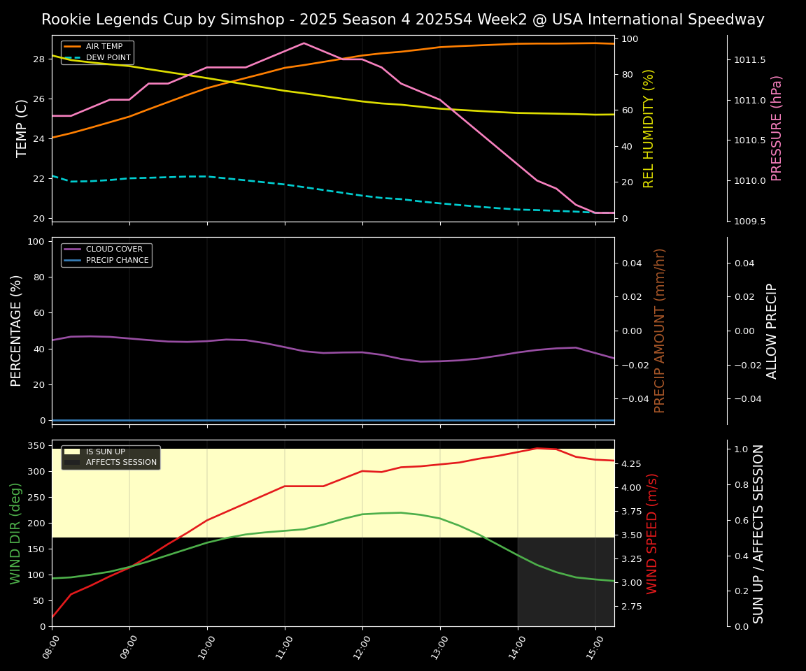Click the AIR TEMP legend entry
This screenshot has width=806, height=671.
point(104,47)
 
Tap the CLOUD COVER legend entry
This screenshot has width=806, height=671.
point(114,250)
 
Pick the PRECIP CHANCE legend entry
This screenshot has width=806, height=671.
point(117,261)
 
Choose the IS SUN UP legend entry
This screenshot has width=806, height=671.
point(105,452)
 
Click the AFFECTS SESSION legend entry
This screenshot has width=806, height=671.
point(121,463)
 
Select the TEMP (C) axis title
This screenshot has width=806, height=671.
point(22,128)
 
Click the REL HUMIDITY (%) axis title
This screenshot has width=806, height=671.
point(649,128)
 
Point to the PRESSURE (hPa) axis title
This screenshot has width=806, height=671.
point(777,128)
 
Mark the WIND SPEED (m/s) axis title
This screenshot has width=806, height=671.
point(652,533)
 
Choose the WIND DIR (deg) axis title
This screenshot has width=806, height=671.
point(16,533)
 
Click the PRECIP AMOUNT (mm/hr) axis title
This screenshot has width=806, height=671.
point(660,331)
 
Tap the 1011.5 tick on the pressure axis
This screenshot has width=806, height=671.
point(749,60)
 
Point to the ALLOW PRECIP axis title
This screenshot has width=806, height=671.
point(772,331)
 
